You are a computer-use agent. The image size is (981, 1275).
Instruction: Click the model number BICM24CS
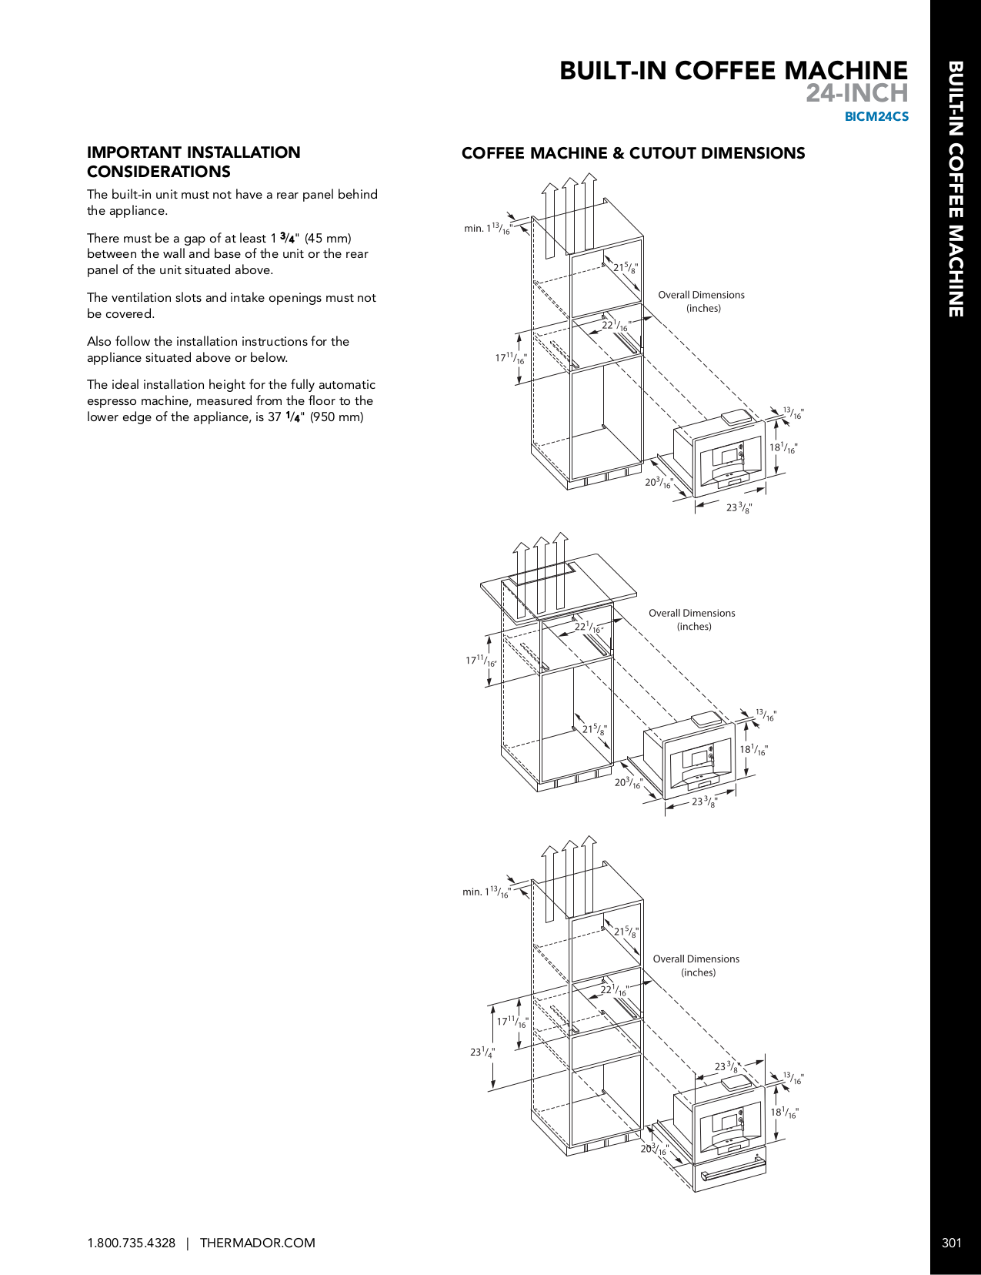coord(876,117)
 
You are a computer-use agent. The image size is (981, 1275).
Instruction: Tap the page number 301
coord(952,1243)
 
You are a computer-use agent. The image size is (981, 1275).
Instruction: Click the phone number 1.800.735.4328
coord(131,1243)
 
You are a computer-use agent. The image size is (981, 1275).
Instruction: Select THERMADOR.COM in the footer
coord(257,1243)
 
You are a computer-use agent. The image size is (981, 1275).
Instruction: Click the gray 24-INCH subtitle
coord(856,94)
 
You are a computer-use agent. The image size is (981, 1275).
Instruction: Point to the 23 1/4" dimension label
coord(482,1052)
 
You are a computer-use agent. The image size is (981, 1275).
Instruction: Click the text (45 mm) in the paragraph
coord(328,239)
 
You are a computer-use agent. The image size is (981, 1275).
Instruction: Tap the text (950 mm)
coord(336,417)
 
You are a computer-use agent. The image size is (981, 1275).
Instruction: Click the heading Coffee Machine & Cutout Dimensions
coord(632,153)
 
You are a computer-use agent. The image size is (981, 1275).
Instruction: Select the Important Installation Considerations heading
coord(193,162)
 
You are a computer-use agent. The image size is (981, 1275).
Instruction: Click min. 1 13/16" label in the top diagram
coord(487,229)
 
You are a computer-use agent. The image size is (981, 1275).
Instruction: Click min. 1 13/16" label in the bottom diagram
coord(486,892)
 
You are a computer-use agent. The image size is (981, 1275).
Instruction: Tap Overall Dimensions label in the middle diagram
coord(692,620)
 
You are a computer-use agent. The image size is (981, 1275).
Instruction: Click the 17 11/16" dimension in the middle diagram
coord(480,661)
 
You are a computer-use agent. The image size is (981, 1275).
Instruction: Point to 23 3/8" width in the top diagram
coord(739,507)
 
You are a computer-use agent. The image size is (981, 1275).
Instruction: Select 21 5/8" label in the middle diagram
coord(594,729)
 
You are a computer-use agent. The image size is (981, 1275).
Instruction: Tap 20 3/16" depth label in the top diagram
coord(658,483)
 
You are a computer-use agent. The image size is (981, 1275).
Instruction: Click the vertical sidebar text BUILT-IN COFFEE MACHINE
coord(955,189)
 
